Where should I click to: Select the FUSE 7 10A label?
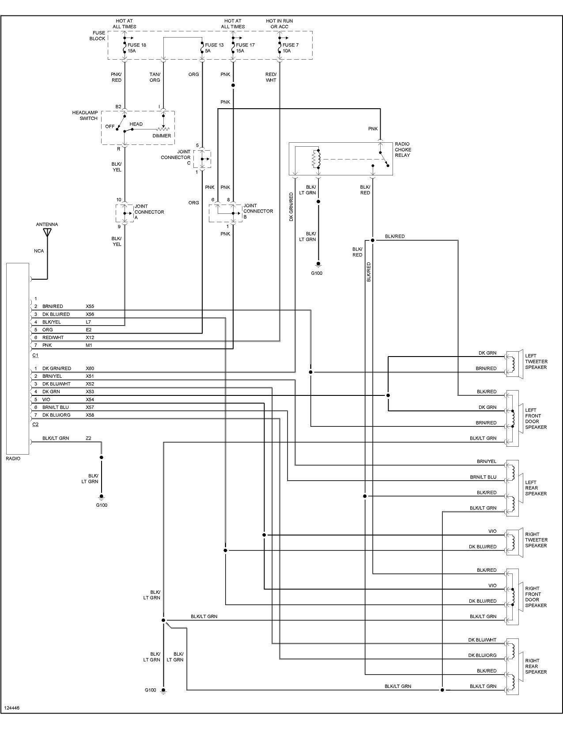(291, 48)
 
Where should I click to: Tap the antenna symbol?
(47, 233)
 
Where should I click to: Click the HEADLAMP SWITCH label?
(85, 115)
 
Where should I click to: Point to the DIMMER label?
(162, 136)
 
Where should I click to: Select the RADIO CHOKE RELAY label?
(403, 149)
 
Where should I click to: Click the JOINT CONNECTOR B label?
(258, 211)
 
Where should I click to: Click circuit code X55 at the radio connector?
(90, 306)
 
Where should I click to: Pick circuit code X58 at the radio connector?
(90, 415)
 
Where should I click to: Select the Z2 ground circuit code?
(88, 438)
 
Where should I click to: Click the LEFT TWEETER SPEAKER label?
(536, 361)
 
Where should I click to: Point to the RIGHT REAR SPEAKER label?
(536, 666)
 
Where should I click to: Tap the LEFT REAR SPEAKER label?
(536, 488)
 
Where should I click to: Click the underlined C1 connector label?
(35, 355)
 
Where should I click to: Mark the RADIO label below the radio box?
(13, 459)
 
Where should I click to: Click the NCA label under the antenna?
(39, 251)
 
